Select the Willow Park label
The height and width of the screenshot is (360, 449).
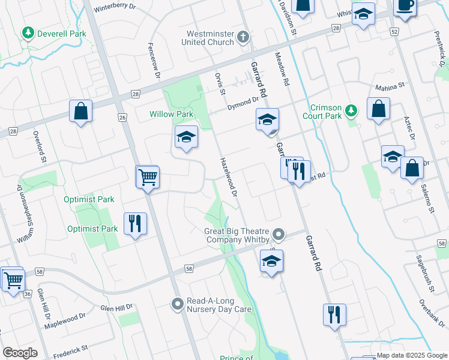coord(171,114)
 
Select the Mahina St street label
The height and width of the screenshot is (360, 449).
coord(387,88)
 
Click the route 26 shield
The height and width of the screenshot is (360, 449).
coord(122,118)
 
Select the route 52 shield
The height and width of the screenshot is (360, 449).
coord(394,31)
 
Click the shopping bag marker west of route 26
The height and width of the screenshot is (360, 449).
coord(80,112)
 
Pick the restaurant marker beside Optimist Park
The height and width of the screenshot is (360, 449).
coord(135,224)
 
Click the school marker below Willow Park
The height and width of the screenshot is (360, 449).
coord(186,137)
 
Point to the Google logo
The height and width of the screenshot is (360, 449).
coord(20,353)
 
